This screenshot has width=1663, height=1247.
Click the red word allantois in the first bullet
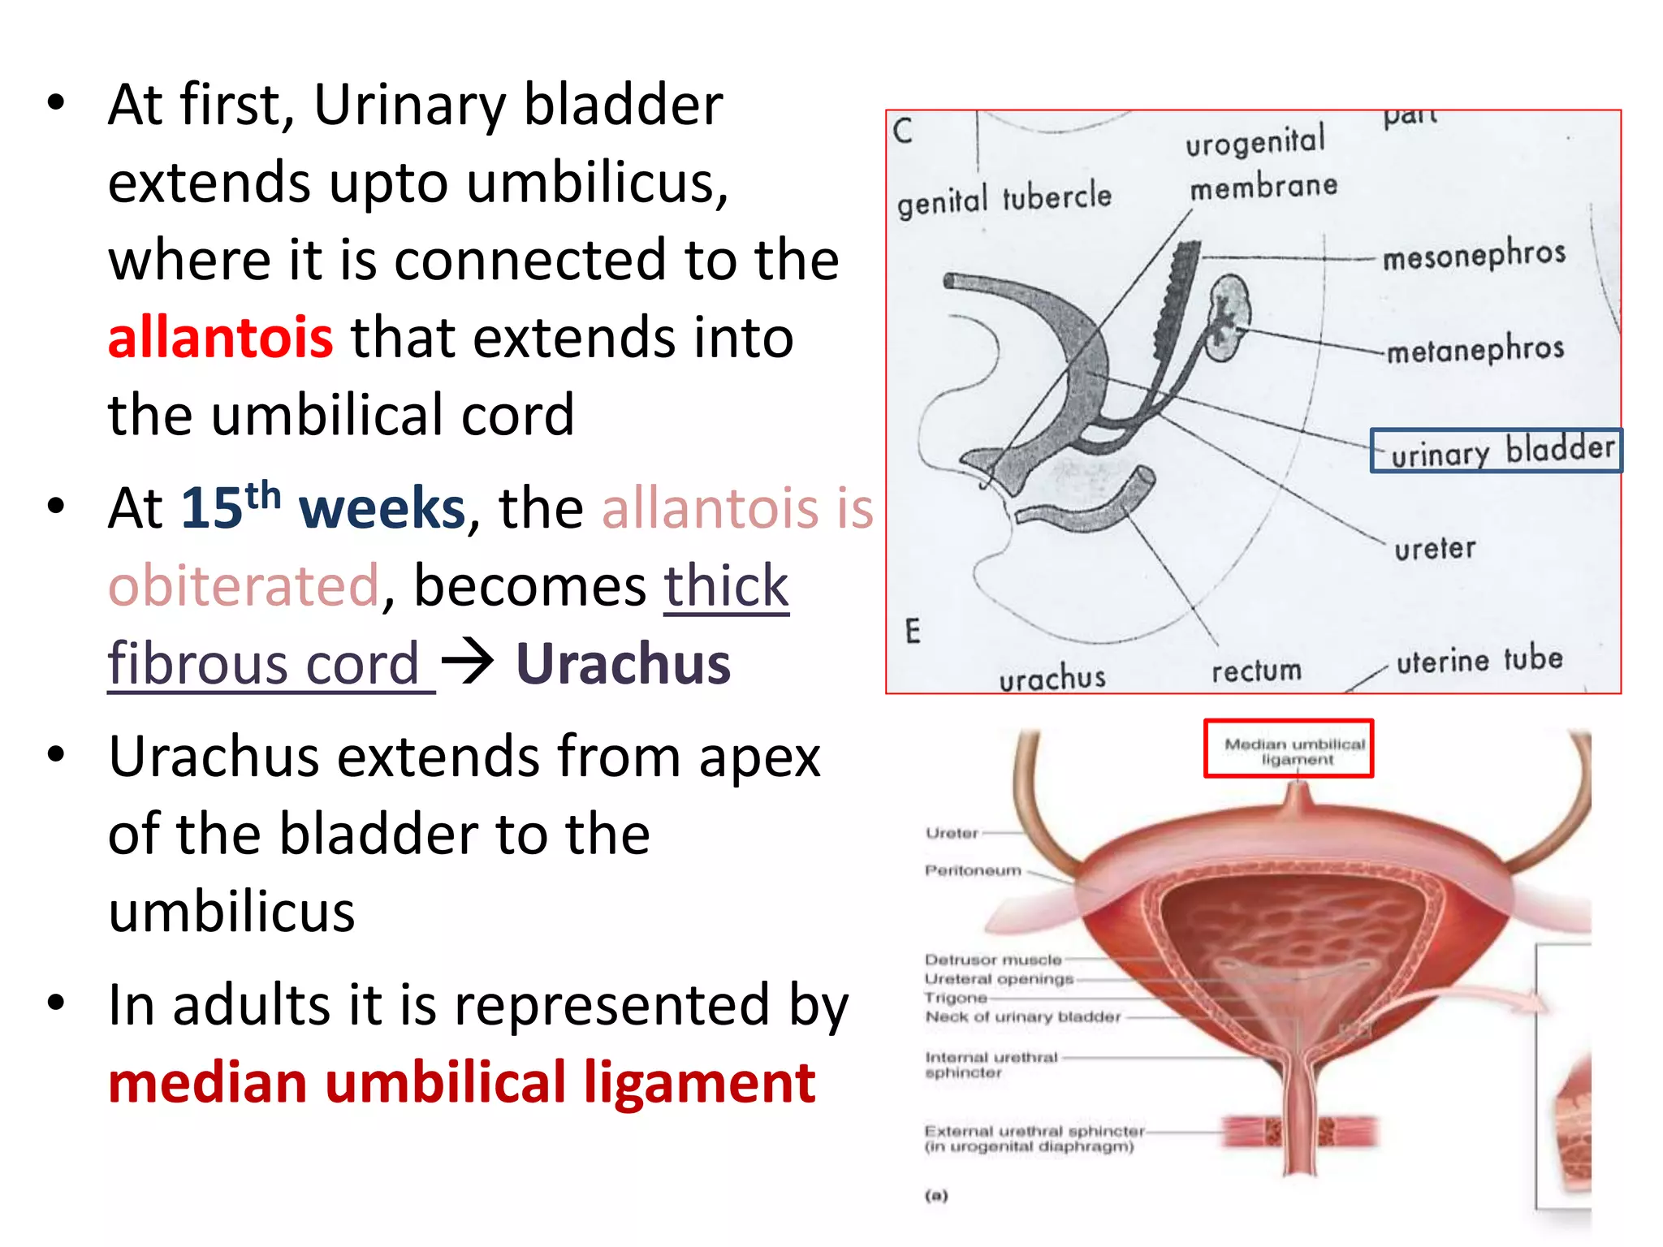220,338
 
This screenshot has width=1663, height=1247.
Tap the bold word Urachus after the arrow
623,664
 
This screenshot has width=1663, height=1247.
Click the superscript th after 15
263,494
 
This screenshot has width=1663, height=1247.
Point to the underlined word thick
726,586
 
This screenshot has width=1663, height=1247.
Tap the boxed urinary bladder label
1496,451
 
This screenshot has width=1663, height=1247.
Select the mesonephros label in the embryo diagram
1474,256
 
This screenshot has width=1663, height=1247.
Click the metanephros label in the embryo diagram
1475,350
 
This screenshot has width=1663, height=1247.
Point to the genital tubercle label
1004,199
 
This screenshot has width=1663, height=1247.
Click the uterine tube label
1479,660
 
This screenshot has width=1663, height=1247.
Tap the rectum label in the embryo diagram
1256,671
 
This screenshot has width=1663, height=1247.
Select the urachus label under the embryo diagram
1052,678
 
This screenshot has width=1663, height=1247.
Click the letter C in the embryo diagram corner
903,131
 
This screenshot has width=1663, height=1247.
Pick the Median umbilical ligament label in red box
1295,751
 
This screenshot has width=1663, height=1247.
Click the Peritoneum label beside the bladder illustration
973,870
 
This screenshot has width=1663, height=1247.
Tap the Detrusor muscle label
993,960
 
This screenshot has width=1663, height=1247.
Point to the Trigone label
956,998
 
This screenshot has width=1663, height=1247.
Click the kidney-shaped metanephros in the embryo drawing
1228,317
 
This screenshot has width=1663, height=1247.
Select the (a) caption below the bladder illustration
936,1195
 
